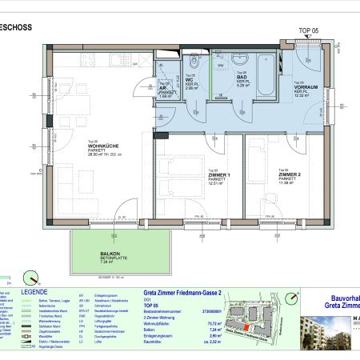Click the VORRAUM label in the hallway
tap(306, 88)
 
